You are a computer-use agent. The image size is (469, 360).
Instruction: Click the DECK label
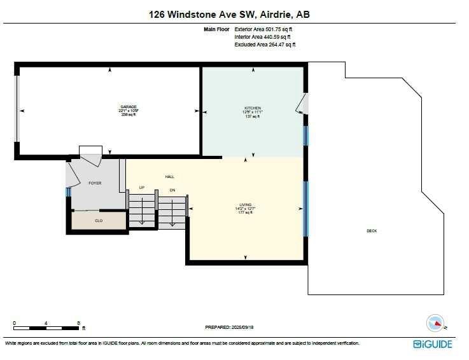372,231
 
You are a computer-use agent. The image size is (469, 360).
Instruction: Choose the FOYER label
95,183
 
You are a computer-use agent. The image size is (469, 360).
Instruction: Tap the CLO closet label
98,221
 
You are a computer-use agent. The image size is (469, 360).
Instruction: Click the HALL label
169,177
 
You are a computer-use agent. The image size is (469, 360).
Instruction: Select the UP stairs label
143,187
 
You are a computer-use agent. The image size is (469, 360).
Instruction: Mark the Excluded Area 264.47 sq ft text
265,45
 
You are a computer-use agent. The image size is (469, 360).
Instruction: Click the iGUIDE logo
433,343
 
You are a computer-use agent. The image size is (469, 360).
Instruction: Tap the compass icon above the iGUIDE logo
434,322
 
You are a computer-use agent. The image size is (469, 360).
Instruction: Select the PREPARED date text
229,327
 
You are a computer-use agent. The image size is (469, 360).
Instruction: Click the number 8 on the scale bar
78,323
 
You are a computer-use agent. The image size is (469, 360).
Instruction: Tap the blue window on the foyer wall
67,192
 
